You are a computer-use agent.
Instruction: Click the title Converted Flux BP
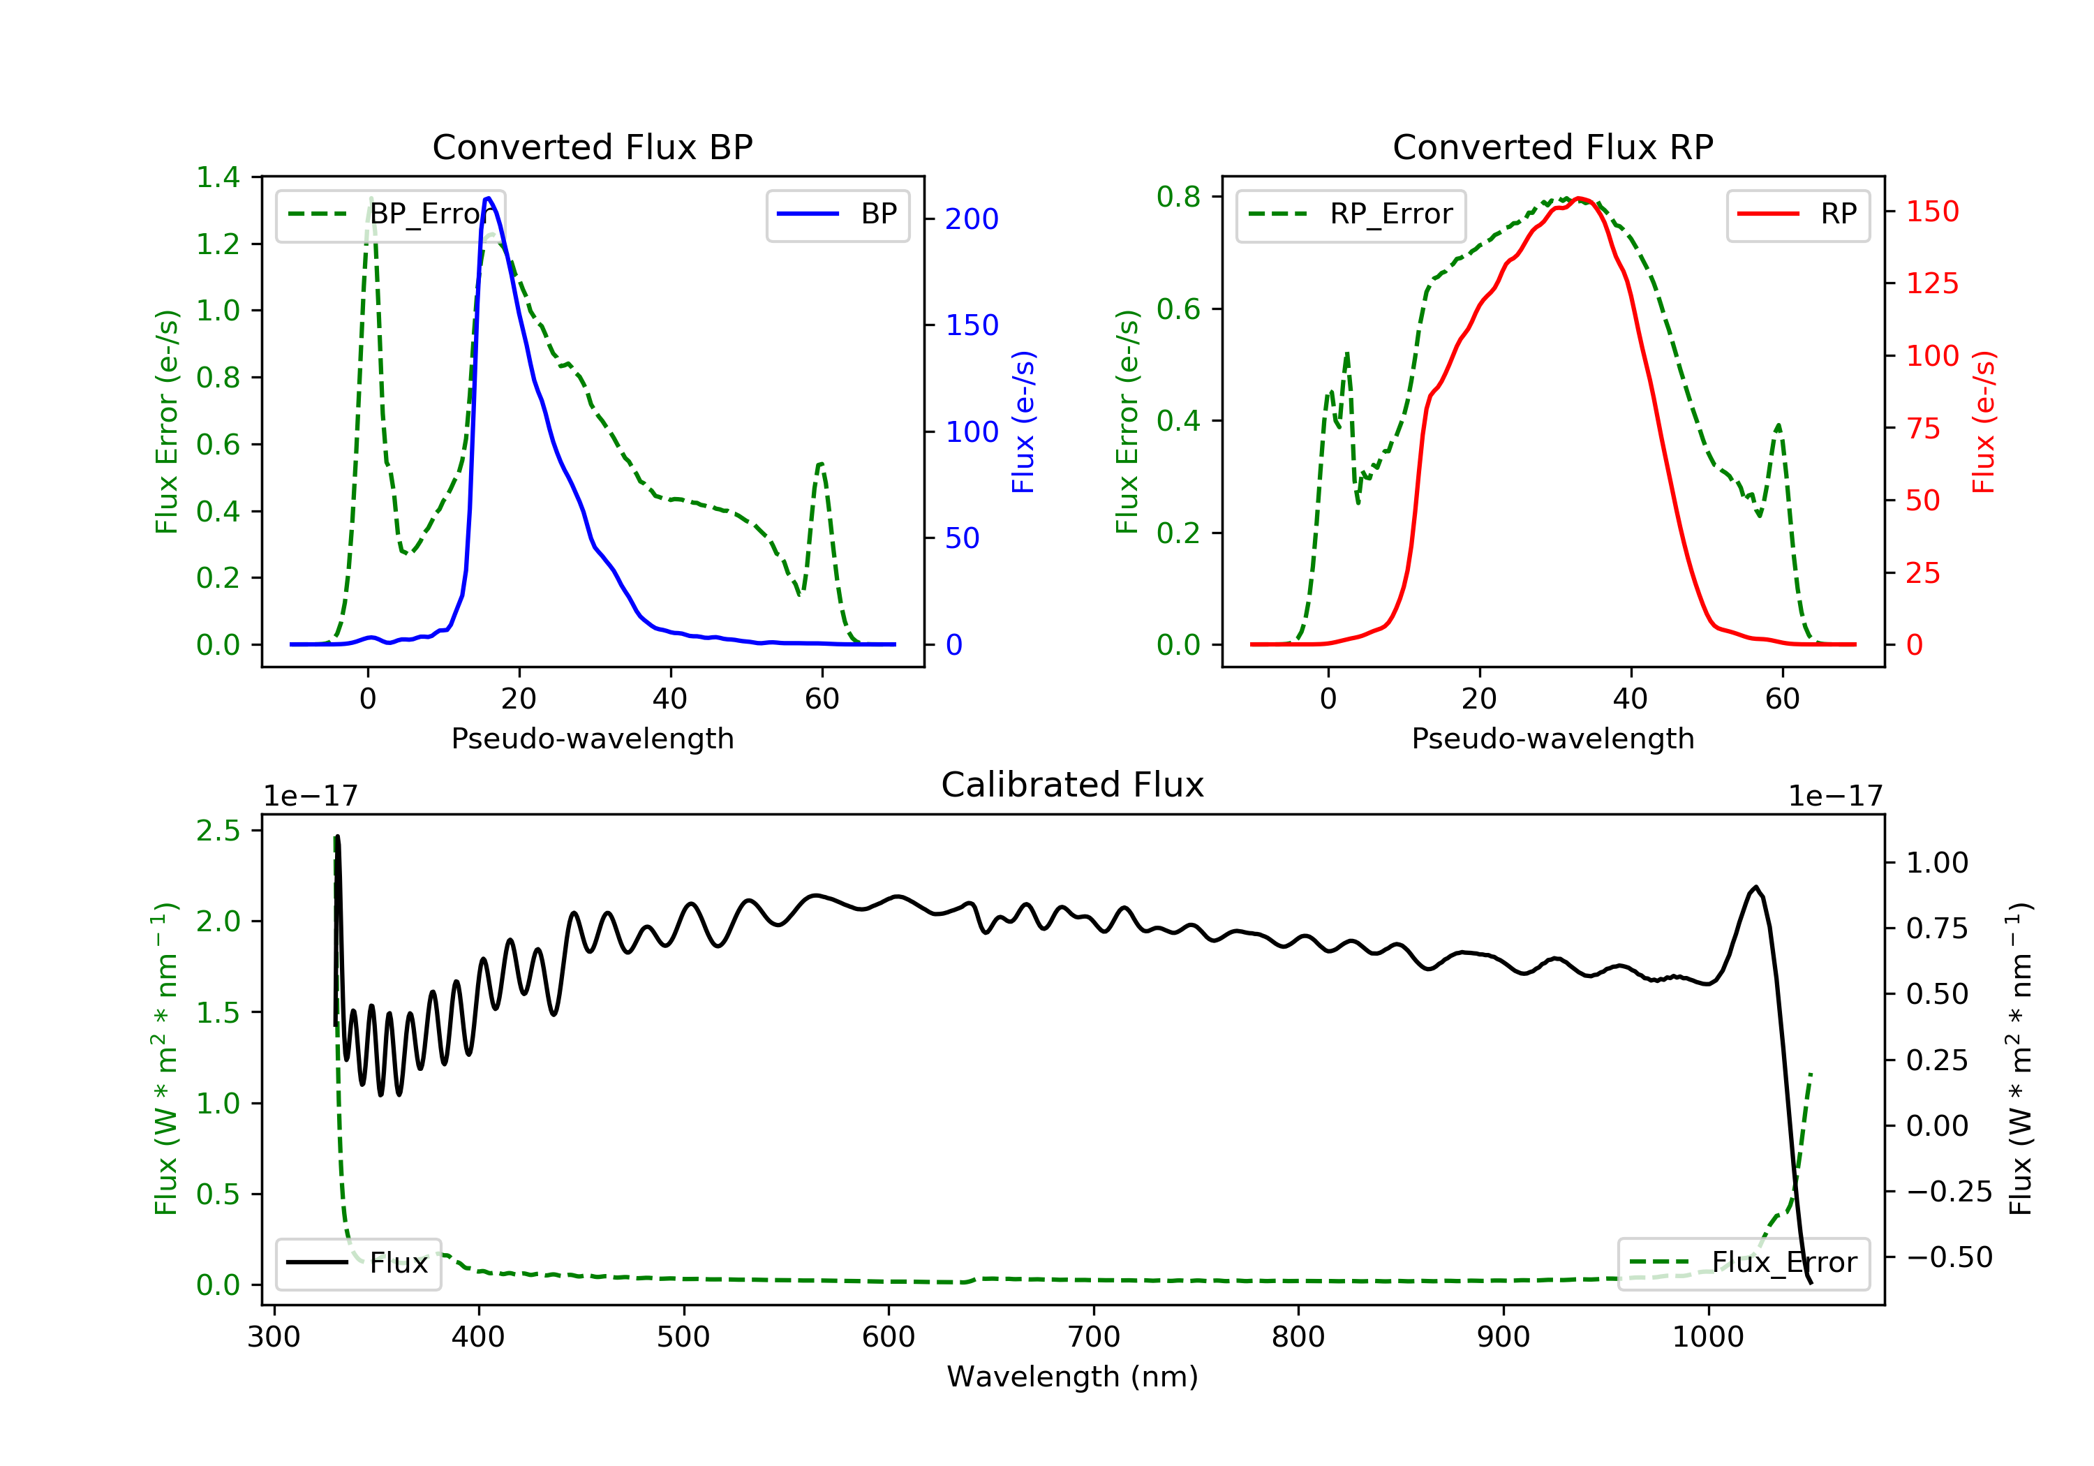[592, 147]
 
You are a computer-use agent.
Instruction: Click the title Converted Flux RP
[1552, 147]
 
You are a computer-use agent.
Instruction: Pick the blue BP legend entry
[837, 214]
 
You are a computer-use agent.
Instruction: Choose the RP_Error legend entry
[1351, 214]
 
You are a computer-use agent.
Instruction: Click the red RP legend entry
[1797, 214]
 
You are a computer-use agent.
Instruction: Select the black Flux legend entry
[357, 1263]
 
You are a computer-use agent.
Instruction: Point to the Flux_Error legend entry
[1743, 1263]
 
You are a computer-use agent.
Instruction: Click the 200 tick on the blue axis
[972, 219]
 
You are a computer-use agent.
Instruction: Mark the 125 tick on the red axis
[1931, 283]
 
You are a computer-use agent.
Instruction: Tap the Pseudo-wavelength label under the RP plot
[1552, 738]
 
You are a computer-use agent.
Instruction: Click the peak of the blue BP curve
[489, 198]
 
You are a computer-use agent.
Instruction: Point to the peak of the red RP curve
[1579, 198]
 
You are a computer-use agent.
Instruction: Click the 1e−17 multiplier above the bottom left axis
[310, 797]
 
